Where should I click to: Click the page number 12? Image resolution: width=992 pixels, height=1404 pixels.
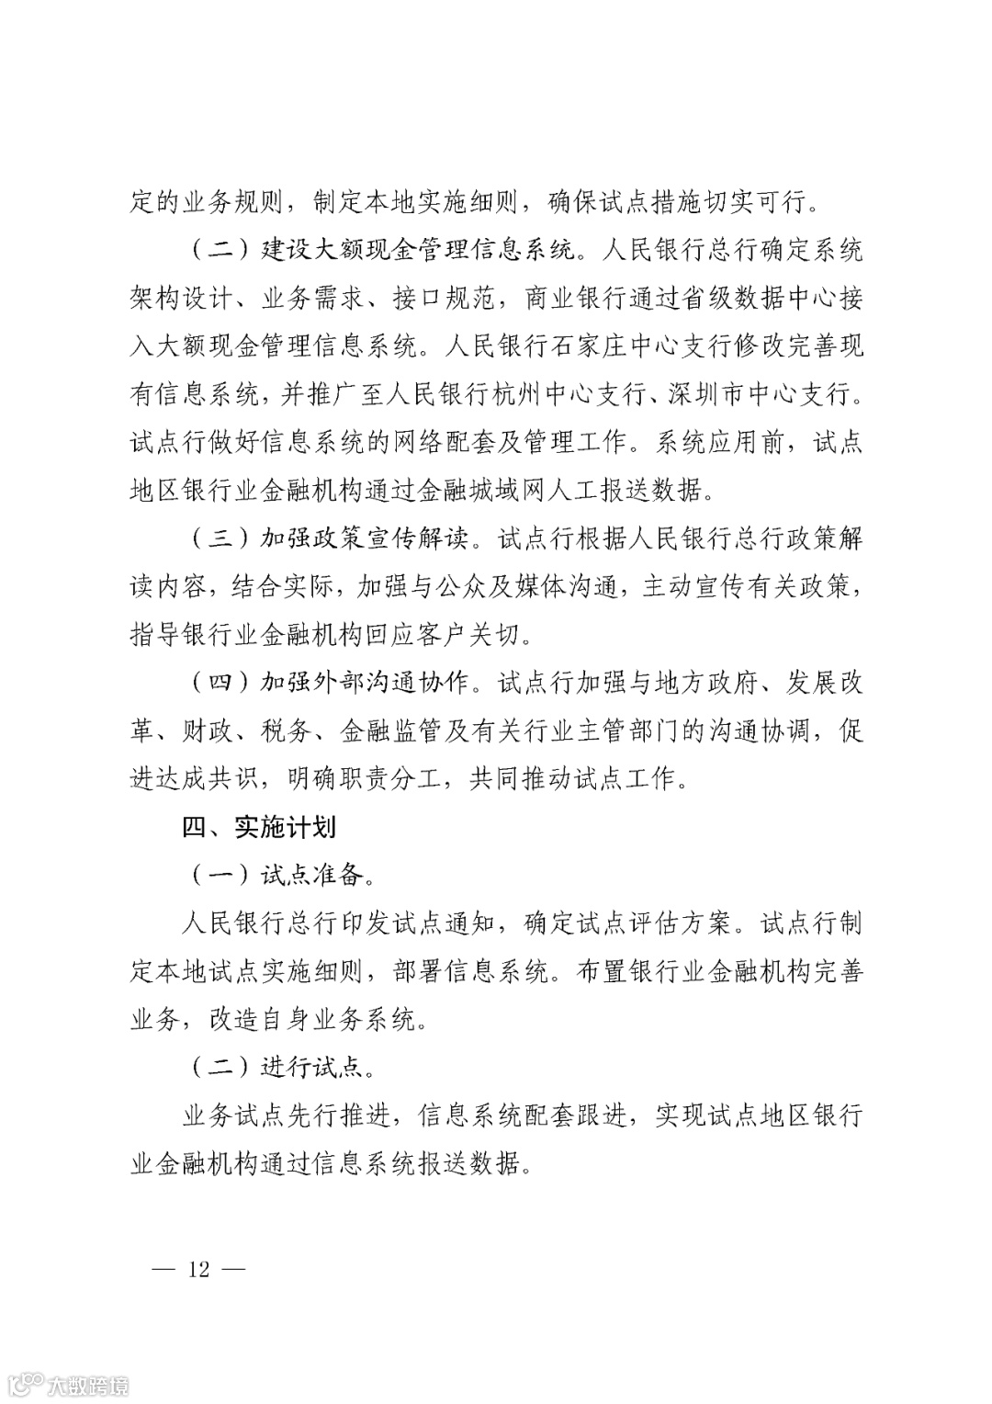click(199, 1270)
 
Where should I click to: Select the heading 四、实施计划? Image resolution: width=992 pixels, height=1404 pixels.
click(260, 827)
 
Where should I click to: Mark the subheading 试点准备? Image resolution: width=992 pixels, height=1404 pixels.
click(313, 875)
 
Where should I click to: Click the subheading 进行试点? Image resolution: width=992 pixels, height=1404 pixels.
click(313, 1067)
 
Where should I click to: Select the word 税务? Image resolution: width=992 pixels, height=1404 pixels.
click(287, 731)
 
